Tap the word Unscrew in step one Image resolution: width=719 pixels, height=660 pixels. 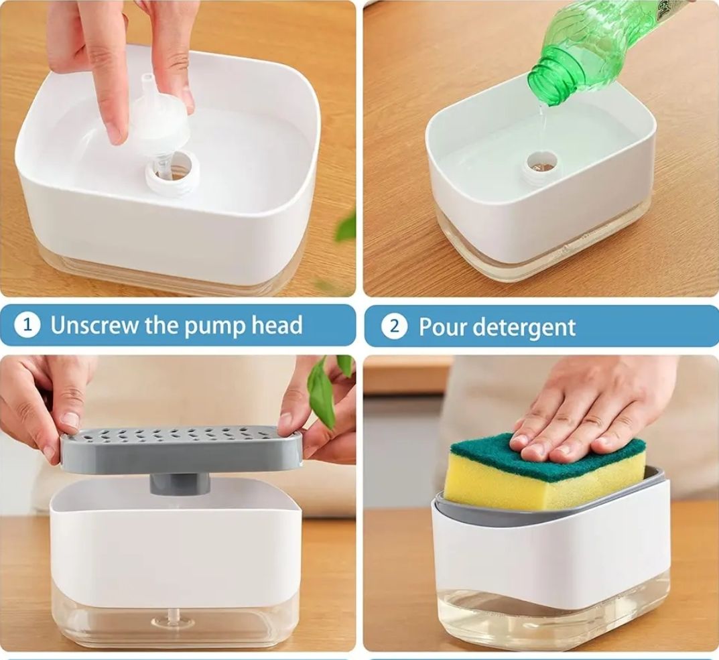(x=94, y=325)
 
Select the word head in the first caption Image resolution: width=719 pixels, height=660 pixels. (x=277, y=324)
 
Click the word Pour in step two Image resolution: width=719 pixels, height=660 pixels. (x=442, y=327)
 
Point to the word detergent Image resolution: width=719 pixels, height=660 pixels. (x=523, y=328)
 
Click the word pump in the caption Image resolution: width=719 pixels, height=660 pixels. (x=214, y=326)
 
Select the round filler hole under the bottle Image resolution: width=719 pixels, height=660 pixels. (x=543, y=162)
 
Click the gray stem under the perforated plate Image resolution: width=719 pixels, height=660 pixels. (x=180, y=484)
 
